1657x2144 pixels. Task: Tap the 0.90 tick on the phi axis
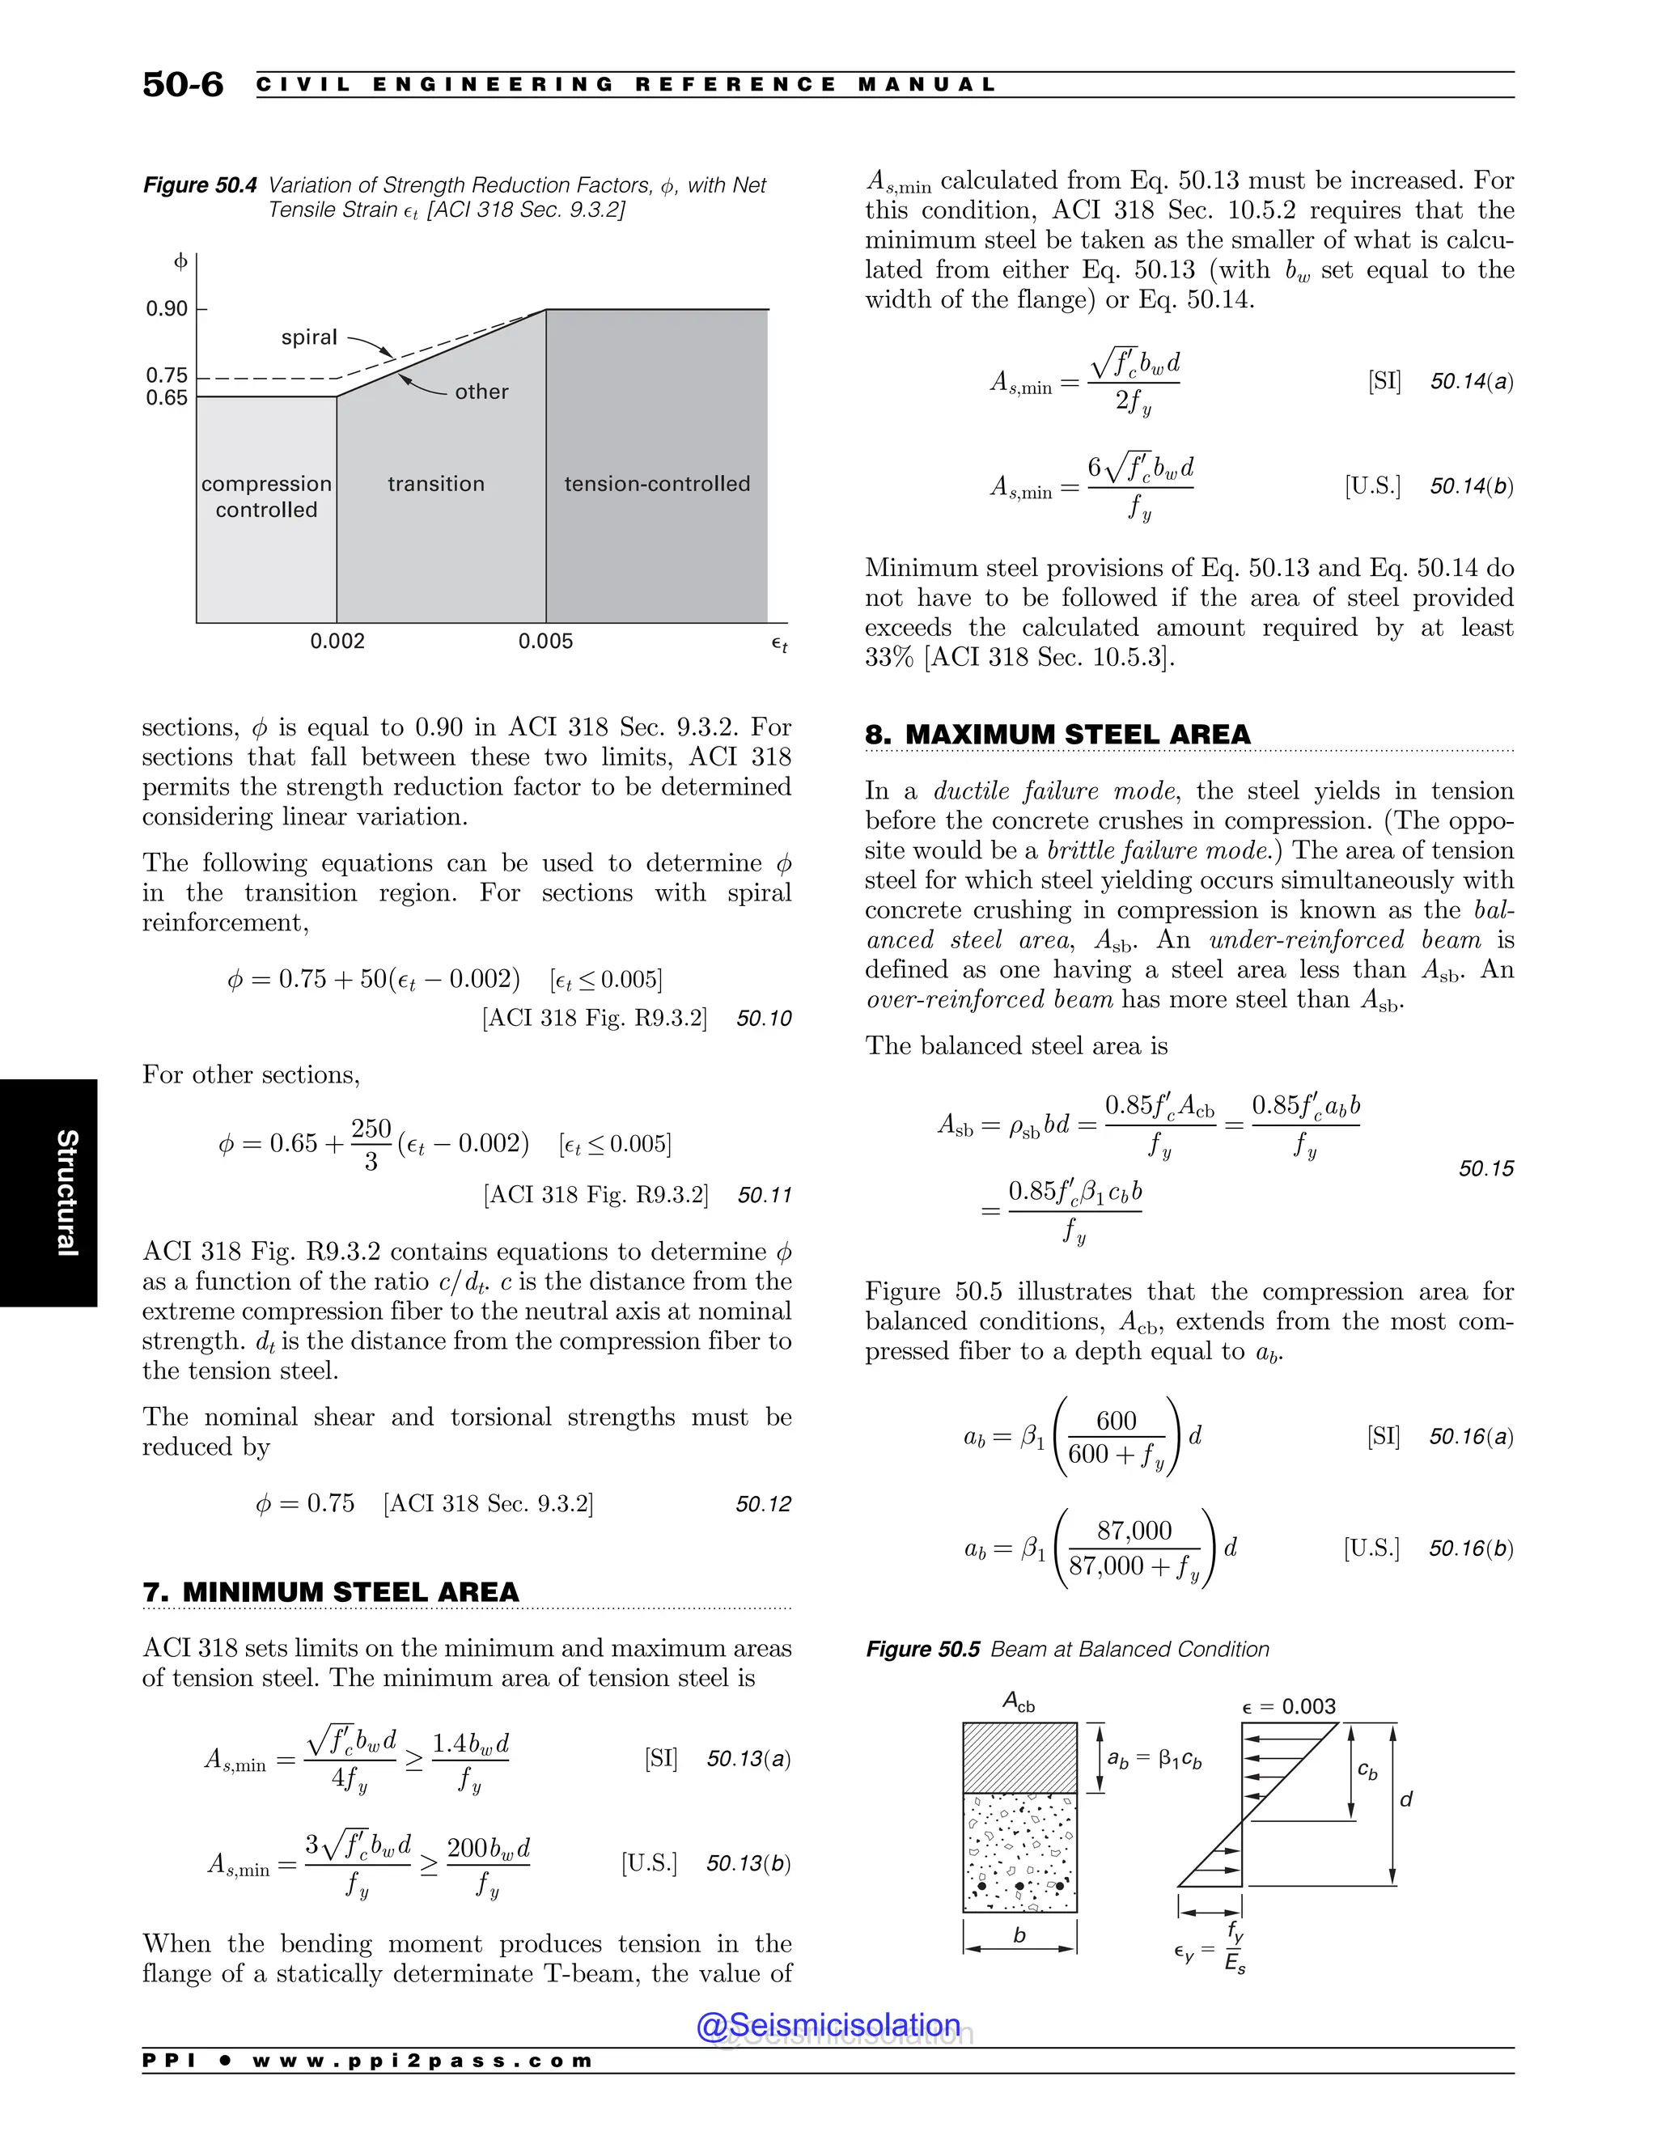point(167,309)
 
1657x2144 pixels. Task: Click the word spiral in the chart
point(309,337)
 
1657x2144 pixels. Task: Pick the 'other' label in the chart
point(481,392)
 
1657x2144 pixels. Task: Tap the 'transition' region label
point(436,484)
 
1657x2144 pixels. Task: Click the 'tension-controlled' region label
point(657,484)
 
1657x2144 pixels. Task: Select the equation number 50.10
point(764,1018)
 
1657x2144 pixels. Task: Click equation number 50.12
point(763,1504)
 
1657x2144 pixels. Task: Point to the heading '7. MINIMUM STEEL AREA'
point(331,1591)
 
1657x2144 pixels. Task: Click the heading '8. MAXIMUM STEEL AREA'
point(1057,735)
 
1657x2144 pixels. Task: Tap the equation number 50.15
point(1485,1168)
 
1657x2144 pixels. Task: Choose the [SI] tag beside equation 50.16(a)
point(1383,1436)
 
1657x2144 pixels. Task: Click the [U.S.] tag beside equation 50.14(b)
point(1372,486)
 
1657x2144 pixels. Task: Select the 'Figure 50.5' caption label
point(922,1649)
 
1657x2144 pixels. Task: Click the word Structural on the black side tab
point(66,1192)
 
